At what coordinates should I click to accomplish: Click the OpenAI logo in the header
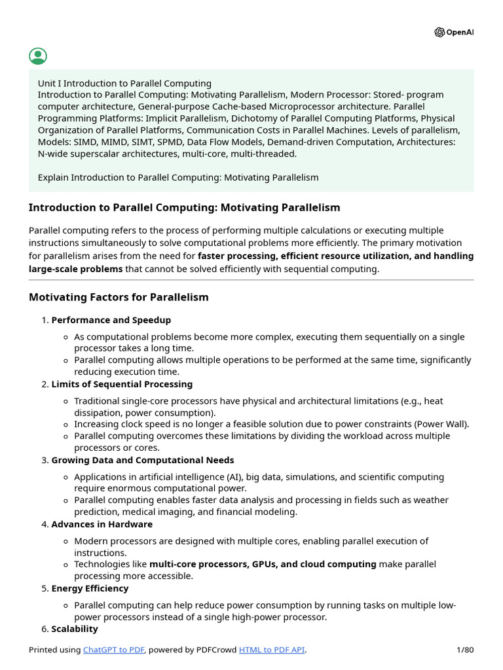tap(453, 33)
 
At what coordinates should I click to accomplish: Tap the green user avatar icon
tap(38, 56)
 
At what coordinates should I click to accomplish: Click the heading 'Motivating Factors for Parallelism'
tap(119, 297)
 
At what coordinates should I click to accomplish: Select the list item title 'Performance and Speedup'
tap(111, 320)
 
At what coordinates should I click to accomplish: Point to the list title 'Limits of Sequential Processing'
tap(122, 384)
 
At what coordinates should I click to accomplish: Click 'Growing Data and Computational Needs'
tap(142, 460)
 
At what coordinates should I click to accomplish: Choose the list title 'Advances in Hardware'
tap(102, 524)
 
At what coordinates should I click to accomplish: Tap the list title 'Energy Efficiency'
tap(90, 588)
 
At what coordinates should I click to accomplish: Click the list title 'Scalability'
tap(75, 629)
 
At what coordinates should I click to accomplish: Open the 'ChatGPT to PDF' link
tap(113, 650)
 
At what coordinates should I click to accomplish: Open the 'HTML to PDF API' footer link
tap(272, 650)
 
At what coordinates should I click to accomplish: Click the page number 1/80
tap(464, 650)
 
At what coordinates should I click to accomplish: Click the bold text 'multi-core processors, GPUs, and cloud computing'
tap(263, 564)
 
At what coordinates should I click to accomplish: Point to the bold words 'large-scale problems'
tap(75, 269)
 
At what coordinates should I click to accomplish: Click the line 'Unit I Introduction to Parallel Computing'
tap(124, 83)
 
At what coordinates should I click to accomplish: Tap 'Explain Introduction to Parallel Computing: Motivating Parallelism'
tap(178, 177)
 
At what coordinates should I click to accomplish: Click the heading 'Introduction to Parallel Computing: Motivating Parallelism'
tap(184, 207)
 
